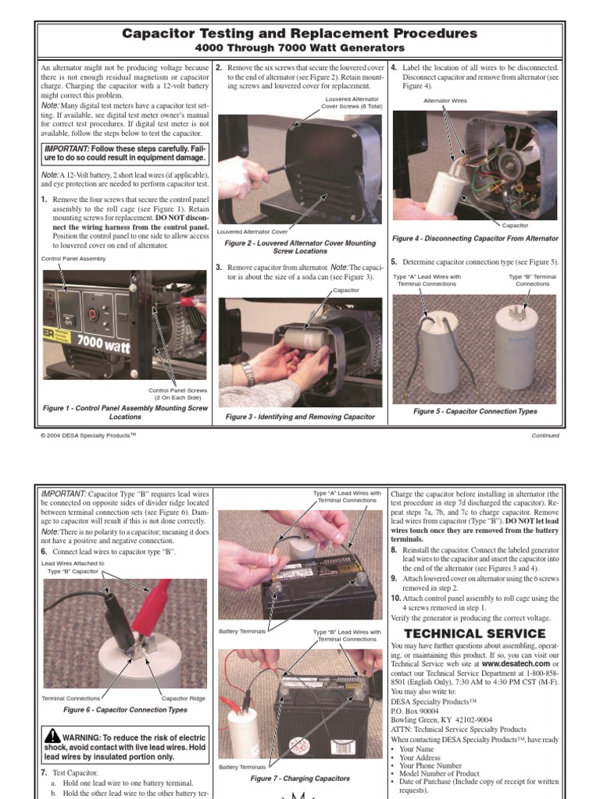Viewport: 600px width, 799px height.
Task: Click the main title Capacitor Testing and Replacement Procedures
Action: click(300, 34)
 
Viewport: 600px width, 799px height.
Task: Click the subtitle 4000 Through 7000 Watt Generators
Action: click(300, 48)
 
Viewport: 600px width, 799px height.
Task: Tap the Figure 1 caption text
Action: click(125, 412)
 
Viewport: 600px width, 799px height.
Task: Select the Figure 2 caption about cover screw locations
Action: click(300, 247)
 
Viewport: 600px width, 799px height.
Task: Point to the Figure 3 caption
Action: click(300, 417)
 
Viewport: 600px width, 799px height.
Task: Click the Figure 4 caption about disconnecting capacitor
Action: click(475, 238)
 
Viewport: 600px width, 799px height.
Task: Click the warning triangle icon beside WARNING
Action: click(52, 736)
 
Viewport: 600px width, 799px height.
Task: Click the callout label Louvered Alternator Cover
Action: click(252, 232)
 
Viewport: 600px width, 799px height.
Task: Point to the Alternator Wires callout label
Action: click(445, 100)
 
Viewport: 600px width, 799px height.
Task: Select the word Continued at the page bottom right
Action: click(545, 435)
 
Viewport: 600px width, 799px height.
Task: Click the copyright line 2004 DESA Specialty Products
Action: click(88, 435)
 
